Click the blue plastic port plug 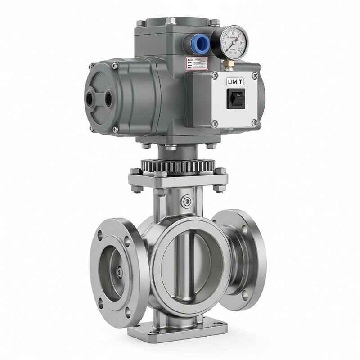199,44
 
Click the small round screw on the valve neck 185,201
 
